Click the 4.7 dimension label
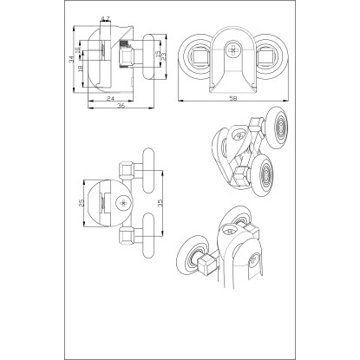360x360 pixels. (x=105, y=19)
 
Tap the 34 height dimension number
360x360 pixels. (x=71, y=59)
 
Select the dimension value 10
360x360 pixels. (x=77, y=49)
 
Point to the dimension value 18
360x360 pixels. (x=80, y=69)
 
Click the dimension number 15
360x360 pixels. (x=158, y=54)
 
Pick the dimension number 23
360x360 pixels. (x=163, y=56)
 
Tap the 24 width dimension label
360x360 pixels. (x=110, y=98)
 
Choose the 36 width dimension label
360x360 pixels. (x=121, y=106)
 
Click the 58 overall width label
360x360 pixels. (x=232, y=99)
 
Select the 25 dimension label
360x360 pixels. (x=82, y=203)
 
